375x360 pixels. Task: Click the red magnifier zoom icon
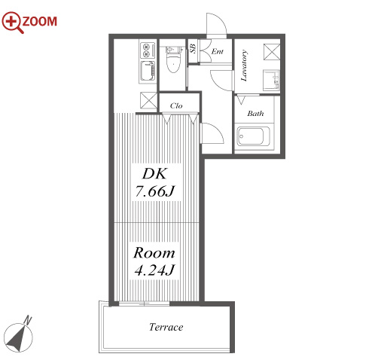(x=12, y=22)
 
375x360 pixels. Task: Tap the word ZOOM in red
(x=40, y=21)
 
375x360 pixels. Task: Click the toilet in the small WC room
(x=172, y=59)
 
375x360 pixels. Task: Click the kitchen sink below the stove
(x=148, y=71)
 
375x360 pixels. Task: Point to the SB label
(x=193, y=49)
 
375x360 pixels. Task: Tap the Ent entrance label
(x=217, y=51)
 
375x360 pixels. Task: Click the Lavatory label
(x=244, y=66)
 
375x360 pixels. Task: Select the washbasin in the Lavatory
(x=271, y=80)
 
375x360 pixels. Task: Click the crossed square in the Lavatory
(x=272, y=52)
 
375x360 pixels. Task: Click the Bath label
(x=255, y=114)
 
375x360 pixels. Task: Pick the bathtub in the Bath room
(x=253, y=137)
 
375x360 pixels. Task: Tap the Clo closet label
(x=176, y=105)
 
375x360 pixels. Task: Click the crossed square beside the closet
(x=148, y=100)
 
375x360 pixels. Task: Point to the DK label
(x=154, y=174)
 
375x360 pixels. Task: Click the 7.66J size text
(x=155, y=191)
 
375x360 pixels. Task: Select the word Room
(x=154, y=252)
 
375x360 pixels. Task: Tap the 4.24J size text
(x=154, y=270)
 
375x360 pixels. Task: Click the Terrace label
(x=166, y=327)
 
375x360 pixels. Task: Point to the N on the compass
(x=28, y=321)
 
